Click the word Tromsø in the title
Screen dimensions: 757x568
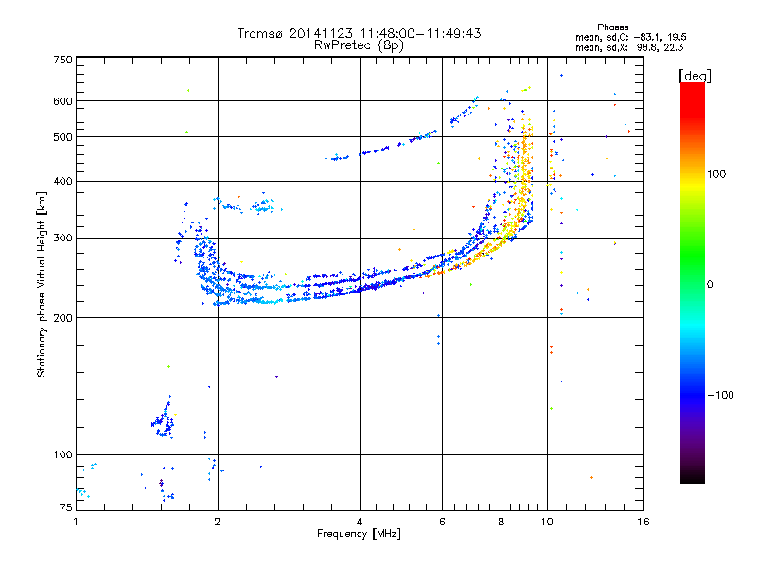click(261, 33)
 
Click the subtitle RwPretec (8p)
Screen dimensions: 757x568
click(359, 45)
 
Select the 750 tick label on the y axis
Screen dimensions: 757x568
click(62, 60)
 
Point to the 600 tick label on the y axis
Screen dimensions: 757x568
click(62, 101)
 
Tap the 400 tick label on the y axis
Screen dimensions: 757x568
click(62, 181)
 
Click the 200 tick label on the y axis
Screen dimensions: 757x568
click(62, 317)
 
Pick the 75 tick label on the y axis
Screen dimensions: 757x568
click(66, 507)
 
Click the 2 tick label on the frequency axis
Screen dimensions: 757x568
click(218, 522)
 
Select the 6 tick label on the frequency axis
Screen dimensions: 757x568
click(442, 522)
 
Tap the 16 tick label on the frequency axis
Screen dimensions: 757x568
click(643, 522)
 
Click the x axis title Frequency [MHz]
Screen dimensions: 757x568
click(359, 534)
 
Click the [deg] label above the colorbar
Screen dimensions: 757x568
click(695, 76)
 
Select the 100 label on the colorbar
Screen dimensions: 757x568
click(716, 174)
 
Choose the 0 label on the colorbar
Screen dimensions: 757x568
click(710, 285)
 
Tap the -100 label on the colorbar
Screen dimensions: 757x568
click(720, 395)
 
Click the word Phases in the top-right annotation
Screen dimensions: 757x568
click(612, 27)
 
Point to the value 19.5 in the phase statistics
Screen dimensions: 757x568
click(677, 37)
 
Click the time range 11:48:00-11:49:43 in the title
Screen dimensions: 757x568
click(420, 33)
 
